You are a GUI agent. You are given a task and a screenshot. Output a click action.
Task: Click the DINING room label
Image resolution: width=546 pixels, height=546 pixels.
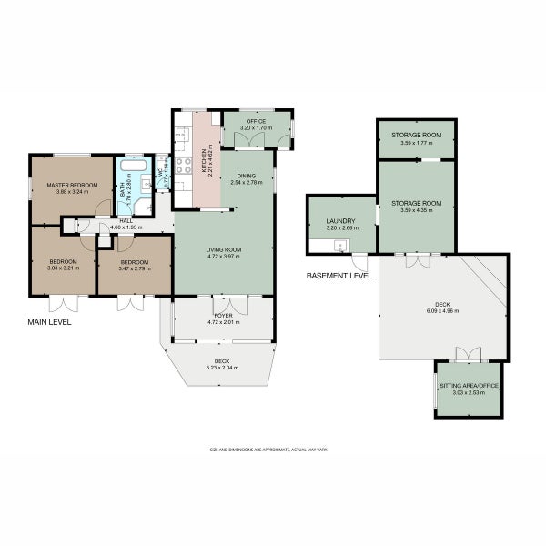[x=247, y=176]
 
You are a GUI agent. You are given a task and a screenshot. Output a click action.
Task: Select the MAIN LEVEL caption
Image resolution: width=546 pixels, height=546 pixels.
[x=49, y=322]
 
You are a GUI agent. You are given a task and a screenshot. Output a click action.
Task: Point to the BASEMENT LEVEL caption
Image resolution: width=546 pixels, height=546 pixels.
[x=339, y=275]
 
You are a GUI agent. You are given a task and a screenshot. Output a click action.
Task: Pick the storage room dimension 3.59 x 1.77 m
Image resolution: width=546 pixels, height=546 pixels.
[x=416, y=143]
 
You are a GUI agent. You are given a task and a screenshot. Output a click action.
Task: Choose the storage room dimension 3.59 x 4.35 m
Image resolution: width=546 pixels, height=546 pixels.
[x=416, y=210]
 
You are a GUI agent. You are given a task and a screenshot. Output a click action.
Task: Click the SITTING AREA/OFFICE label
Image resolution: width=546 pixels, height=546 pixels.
[x=469, y=386]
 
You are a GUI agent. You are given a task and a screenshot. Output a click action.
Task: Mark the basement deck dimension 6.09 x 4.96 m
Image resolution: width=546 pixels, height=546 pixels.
[x=442, y=311]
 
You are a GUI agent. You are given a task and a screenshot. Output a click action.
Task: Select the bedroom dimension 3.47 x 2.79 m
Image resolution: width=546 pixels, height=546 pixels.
[x=135, y=268]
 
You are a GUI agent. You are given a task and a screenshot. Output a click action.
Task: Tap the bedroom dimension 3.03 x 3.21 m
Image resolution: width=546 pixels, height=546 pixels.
[x=63, y=268]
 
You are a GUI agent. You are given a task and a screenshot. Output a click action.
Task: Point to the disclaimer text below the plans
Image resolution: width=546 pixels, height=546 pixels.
[x=268, y=450]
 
